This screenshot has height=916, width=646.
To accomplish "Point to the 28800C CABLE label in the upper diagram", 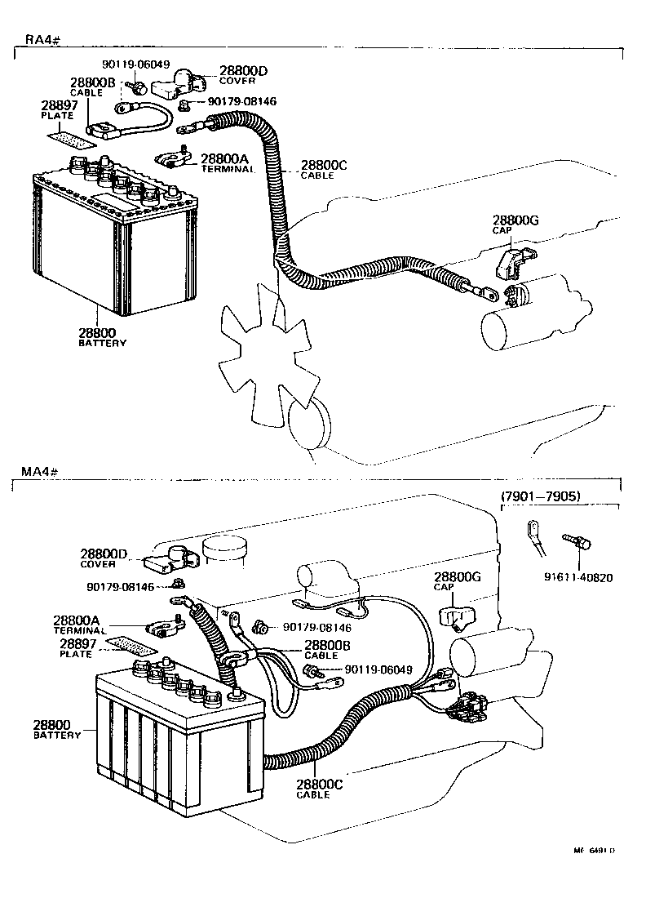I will click(x=324, y=169).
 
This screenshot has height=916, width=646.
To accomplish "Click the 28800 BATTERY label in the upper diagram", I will click(x=102, y=337).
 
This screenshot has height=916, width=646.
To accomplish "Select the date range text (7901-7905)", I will click(x=539, y=496).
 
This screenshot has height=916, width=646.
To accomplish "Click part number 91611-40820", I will click(x=578, y=577).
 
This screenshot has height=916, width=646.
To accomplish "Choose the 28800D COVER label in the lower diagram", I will click(x=104, y=558).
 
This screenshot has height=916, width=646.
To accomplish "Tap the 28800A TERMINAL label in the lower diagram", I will click(x=80, y=625).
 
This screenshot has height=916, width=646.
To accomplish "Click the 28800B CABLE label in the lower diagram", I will click(x=326, y=648).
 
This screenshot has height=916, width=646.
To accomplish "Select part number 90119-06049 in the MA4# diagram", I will click(x=378, y=669).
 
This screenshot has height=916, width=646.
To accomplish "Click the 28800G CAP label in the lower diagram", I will click(x=457, y=581).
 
